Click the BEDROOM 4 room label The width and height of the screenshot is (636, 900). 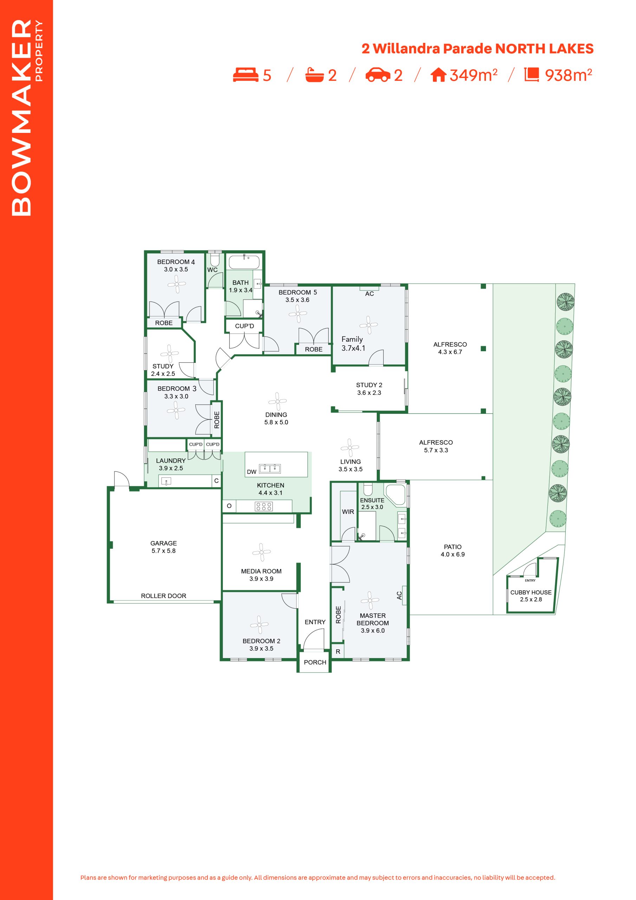176,262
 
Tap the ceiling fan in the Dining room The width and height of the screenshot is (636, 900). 278,401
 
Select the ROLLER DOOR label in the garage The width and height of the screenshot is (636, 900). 163,596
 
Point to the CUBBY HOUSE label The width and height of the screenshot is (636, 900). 531,592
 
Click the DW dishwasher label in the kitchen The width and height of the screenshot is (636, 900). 252,472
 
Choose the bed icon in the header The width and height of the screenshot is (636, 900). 246,75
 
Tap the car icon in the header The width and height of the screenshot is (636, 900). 378,75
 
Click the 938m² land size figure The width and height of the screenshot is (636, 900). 568,75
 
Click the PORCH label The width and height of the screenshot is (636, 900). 315,662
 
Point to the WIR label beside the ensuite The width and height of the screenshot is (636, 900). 348,512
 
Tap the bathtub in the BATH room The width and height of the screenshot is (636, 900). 244,262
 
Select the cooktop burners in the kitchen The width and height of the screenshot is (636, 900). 264,506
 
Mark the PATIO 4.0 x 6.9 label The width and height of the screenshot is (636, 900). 453,550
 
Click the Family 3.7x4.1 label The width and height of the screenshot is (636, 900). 353,343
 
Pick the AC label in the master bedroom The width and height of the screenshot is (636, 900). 399,596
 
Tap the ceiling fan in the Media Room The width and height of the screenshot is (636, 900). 261,552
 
